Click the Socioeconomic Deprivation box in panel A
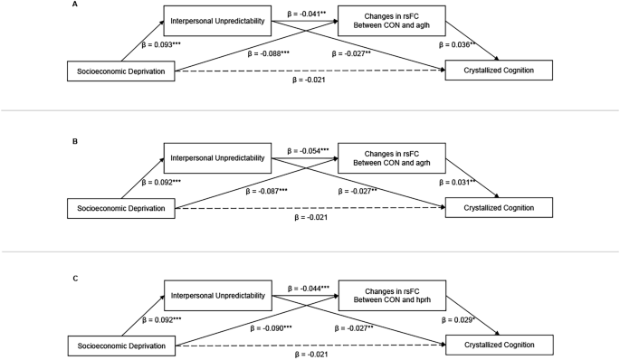tap(120, 70)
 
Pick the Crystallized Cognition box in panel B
tap(498, 207)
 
